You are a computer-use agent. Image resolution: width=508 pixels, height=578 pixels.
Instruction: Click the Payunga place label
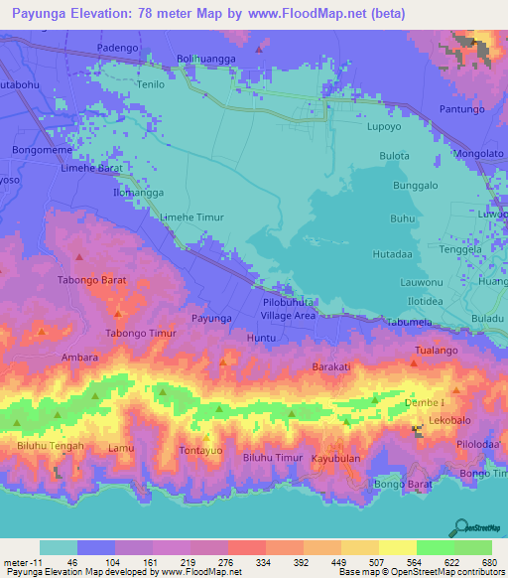(211, 318)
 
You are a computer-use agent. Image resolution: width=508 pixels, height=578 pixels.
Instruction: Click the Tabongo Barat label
(92, 280)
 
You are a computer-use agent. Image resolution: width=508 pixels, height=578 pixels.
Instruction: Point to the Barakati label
(332, 366)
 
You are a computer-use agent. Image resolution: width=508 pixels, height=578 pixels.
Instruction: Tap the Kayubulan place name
(335, 461)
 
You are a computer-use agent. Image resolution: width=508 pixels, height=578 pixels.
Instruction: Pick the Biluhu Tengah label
(49, 446)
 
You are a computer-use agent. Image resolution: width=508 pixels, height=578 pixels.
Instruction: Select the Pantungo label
(458, 108)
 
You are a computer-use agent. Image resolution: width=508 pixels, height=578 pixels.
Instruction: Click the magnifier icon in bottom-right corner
(462, 529)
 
